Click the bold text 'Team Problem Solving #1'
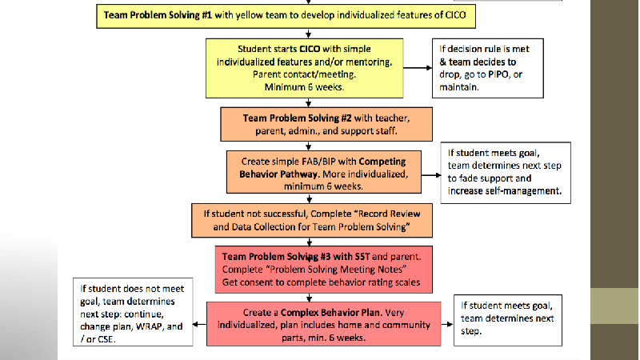pyautogui.click(x=158, y=15)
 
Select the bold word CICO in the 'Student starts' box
pyautogui.click(x=310, y=49)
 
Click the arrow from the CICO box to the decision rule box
pyautogui.click(x=418, y=68)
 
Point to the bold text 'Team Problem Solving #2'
pyautogui.click(x=297, y=118)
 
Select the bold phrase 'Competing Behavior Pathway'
pyautogui.click(x=322, y=168)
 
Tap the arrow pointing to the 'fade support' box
pyautogui.click(x=431, y=175)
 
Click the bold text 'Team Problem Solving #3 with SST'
pyautogui.click(x=296, y=257)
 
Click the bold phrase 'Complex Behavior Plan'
pyautogui.click(x=331, y=313)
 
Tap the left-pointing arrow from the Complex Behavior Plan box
pyautogui.click(x=199, y=325)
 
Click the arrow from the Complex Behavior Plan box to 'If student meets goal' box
pyautogui.click(x=447, y=325)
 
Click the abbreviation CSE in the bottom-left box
pyautogui.click(x=106, y=339)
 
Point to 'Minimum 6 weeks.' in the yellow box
pyautogui.click(x=304, y=87)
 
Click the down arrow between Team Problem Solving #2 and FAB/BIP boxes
pyautogui.click(x=309, y=146)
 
